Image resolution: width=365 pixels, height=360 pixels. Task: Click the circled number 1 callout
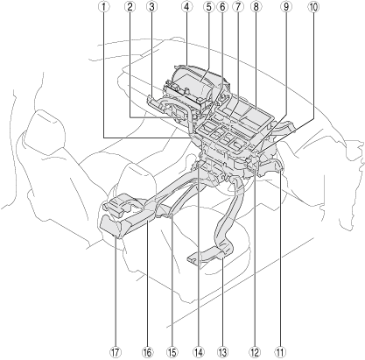coord(104,7)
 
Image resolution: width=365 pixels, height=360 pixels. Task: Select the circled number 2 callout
coord(130,7)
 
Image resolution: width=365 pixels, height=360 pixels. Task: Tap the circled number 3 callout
coord(151,7)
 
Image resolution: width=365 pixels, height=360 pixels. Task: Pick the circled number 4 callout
coord(186,7)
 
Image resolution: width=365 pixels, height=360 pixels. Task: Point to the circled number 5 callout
coord(208,7)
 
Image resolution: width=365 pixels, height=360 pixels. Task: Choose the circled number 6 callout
coord(222,7)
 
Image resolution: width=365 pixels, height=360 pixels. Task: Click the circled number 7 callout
coord(237,7)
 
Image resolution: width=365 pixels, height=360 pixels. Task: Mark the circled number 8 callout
coord(256,7)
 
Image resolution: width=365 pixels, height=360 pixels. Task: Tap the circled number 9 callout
coord(286,7)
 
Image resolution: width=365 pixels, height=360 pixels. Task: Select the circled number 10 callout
coord(313,7)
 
